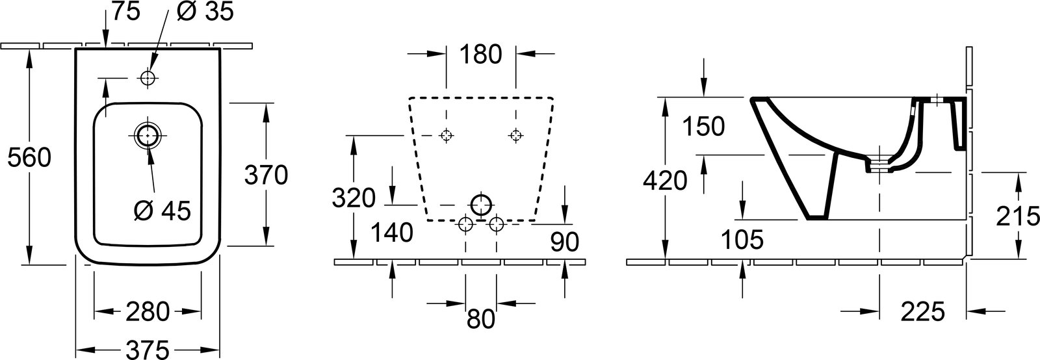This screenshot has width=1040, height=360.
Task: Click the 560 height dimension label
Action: (29, 159)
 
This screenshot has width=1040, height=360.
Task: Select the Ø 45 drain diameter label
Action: (162, 211)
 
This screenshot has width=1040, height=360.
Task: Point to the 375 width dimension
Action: (147, 350)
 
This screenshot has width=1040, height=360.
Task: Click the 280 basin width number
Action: (148, 312)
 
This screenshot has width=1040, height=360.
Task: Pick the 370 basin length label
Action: (266, 175)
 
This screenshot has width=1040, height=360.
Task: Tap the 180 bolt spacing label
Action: (480, 55)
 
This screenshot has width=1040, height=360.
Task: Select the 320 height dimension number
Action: (354, 198)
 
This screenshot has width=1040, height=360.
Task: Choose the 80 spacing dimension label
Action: (481, 319)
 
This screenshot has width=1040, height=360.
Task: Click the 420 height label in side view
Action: (665, 181)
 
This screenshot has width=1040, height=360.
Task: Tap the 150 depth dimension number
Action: (703, 127)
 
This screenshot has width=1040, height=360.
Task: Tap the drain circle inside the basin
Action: (148, 135)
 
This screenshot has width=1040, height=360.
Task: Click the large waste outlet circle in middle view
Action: (480, 205)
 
